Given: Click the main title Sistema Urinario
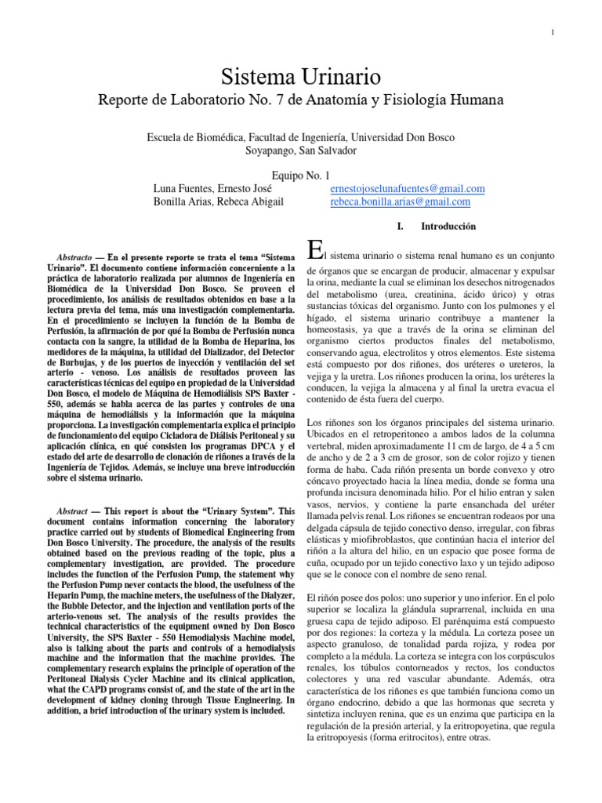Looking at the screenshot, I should click(x=301, y=77).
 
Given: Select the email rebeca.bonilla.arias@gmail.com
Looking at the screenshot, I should click(x=401, y=202).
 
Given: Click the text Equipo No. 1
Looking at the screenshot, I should click(x=300, y=176).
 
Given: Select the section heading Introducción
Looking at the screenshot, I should click(x=448, y=227).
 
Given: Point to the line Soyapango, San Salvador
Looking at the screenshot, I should click(x=301, y=150).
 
